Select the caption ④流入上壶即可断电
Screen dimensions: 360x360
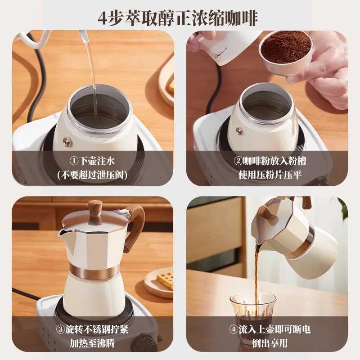[x=270, y=329]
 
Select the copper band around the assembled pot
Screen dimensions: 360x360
[x=94, y=271]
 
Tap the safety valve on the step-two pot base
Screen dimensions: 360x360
[x=239, y=131]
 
